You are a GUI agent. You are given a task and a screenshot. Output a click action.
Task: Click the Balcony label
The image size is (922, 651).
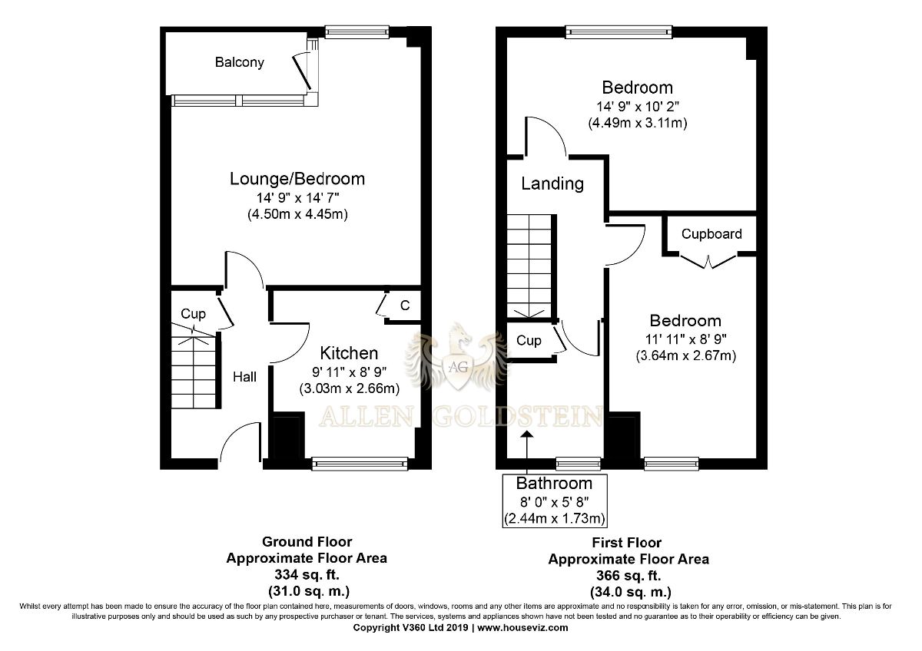click(x=239, y=62)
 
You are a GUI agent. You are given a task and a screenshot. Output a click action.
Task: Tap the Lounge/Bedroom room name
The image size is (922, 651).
click(x=297, y=179)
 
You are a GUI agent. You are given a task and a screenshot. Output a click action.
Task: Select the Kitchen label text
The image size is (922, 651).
click(x=349, y=353)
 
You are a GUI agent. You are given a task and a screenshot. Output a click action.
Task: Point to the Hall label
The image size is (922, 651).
click(x=244, y=377)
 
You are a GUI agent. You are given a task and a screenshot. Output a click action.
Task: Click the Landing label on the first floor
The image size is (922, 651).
click(x=552, y=183)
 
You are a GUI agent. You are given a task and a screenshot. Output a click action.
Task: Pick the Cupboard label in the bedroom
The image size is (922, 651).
click(x=711, y=234)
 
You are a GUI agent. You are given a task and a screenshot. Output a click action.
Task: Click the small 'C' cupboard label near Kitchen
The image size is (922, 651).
click(x=405, y=305)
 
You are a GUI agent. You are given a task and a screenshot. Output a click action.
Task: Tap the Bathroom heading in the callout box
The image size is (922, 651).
click(x=554, y=484)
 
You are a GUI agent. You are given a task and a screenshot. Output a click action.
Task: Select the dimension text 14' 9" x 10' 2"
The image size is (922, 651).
click(x=638, y=107)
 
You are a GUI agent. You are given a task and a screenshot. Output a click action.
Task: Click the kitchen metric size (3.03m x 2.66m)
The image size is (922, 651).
click(x=350, y=388)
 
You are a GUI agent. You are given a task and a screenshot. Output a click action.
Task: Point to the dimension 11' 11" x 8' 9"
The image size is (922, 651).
click(x=685, y=339)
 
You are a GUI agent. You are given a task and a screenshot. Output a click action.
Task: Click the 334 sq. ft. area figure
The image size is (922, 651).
click(x=307, y=574)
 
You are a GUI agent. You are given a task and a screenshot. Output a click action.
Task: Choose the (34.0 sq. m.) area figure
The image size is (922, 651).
click(x=631, y=592)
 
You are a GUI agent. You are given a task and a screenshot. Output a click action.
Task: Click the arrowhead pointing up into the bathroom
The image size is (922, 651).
click(x=527, y=435)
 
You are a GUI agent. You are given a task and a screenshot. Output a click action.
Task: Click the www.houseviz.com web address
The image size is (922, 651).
click(x=522, y=627)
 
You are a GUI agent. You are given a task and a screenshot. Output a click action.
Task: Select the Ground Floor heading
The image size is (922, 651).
click(x=307, y=542)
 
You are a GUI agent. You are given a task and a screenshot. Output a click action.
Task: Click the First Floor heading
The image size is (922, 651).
click(x=626, y=543)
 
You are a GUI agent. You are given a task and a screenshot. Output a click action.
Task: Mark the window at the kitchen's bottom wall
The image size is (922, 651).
click(x=360, y=464)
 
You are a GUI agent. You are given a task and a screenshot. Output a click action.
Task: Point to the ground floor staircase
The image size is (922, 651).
click(x=194, y=372)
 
